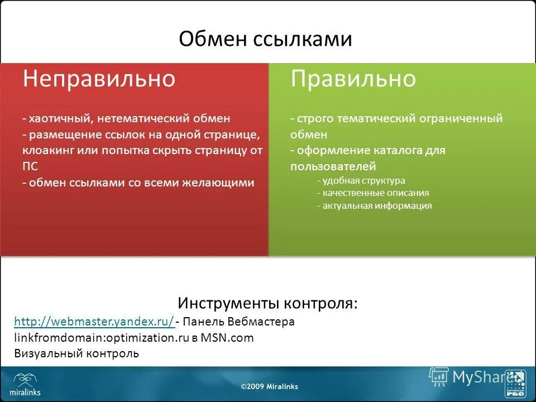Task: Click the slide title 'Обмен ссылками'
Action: pos(265,39)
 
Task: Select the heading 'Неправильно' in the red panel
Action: pos(99,79)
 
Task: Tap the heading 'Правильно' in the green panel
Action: pos(353,79)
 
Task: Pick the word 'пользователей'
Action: pos(333,166)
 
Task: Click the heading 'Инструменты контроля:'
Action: pos(267,303)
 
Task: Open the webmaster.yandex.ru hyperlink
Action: pos(94,322)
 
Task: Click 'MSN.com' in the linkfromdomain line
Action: pos(227,337)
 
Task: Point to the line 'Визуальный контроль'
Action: pos(76,353)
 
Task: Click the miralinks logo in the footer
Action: pos(26,384)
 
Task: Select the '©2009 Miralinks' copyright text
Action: pos(269,386)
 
